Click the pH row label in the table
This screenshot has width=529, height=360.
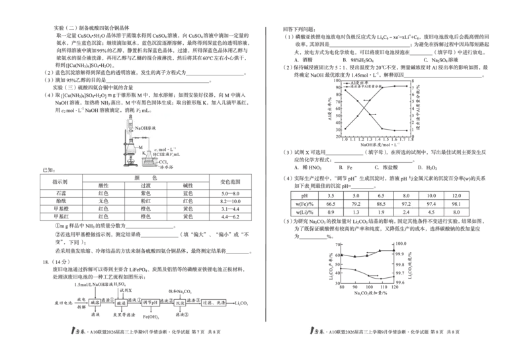click(x=305, y=196)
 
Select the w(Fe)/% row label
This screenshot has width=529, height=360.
click(x=305, y=204)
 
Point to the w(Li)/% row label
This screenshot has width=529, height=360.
click(x=305, y=212)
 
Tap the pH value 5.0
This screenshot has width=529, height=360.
click(x=356, y=196)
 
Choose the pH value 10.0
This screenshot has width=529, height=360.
click(x=431, y=196)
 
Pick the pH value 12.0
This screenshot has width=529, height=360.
click(x=456, y=196)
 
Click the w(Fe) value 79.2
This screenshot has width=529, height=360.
click(x=356, y=204)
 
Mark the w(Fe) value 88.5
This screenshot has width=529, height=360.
click(x=381, y=204)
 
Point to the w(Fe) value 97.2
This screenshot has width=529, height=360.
click(x=406, y=204)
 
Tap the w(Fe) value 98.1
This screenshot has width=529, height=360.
click(x=456, y=204)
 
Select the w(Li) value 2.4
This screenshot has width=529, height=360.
click(x=406, y=212)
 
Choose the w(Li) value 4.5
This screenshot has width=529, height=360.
click(x=431, y=212)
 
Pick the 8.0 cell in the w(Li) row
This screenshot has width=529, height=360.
click(x=456, y=212)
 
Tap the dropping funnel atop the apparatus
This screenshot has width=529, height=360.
click(x=130, y=120)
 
